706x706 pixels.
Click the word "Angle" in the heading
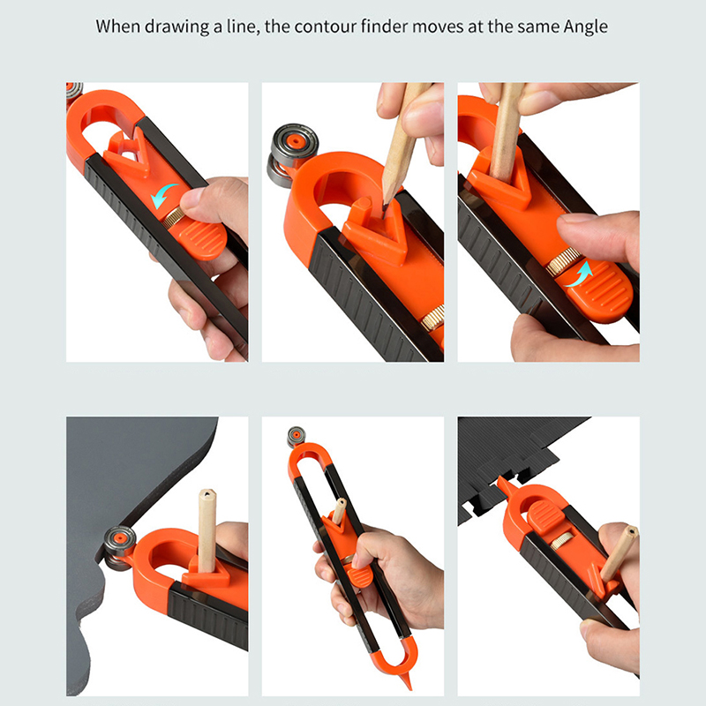click(586, 27)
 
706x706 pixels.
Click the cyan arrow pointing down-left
click(162, 195)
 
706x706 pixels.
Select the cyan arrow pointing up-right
click(580, 274)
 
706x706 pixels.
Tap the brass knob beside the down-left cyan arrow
click(172, 217)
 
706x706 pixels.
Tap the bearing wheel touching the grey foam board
click(118, 546)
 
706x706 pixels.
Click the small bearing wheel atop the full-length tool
click(297, 437)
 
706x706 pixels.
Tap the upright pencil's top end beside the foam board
click(207, 494)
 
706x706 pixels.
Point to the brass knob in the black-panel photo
click(562, 541)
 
